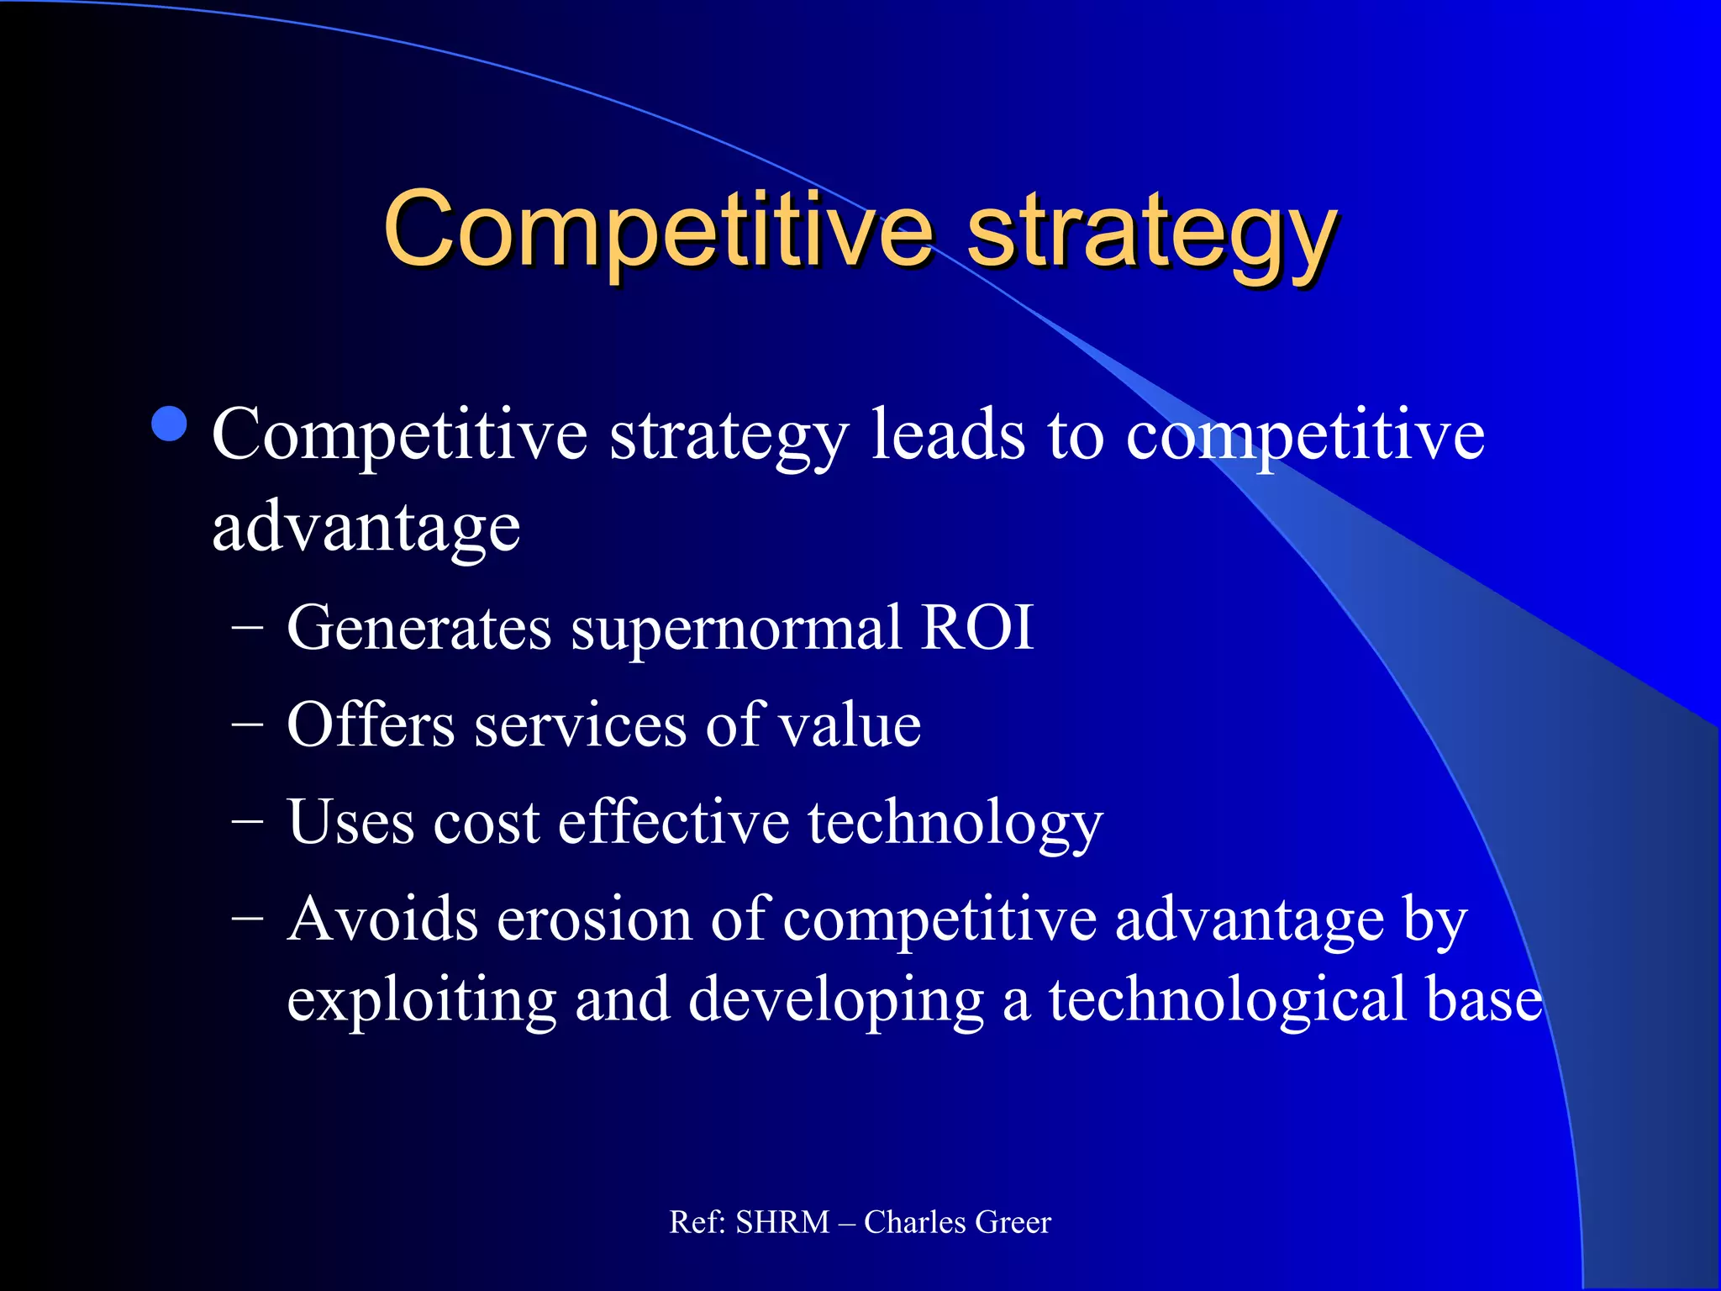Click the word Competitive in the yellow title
[658, 231]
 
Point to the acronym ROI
[976, 627]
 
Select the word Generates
[418, 629]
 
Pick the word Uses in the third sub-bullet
[350, 822]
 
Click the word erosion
[594, 919]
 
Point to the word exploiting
[421, 1001]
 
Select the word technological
[1227, 1001]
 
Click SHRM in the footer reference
[782, 1222]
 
